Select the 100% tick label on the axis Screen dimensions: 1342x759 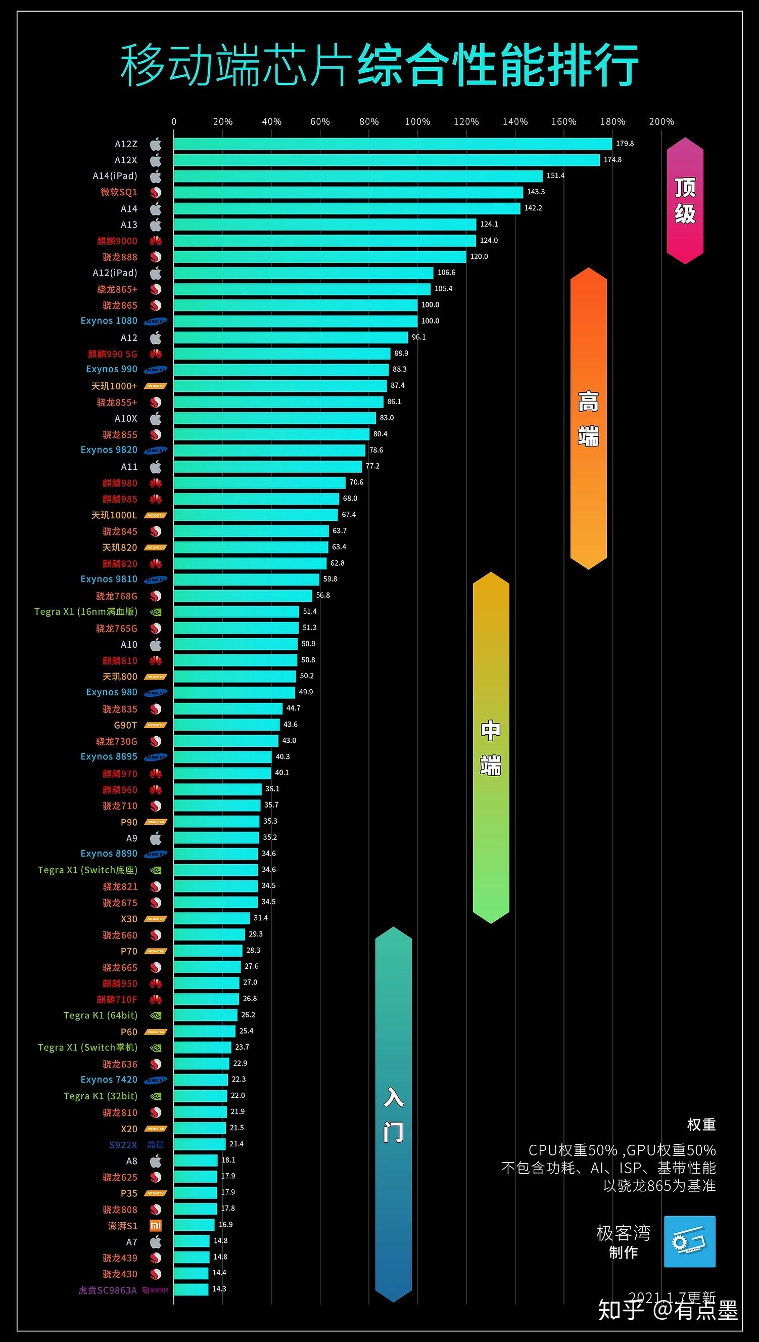pos(417,121)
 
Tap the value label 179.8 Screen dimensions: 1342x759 pos(625,144)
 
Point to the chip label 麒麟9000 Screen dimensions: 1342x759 pos(117,241)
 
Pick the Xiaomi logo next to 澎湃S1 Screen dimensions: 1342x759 pos(155,1226)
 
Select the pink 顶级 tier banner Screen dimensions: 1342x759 pos(685,201)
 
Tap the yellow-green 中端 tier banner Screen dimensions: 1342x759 pos(491,747)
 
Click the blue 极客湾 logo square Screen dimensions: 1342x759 pos(690,1242)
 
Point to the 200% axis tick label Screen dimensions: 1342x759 pos(661,121)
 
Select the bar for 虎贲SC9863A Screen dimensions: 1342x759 pos(191,1290)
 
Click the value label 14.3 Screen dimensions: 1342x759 pos(219,1289)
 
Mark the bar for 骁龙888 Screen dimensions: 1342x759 pos(319,256)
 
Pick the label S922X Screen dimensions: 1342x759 pos(123,1145)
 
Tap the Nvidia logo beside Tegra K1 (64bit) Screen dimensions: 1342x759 pos(155,1015)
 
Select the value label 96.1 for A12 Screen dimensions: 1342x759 pos(418,337)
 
